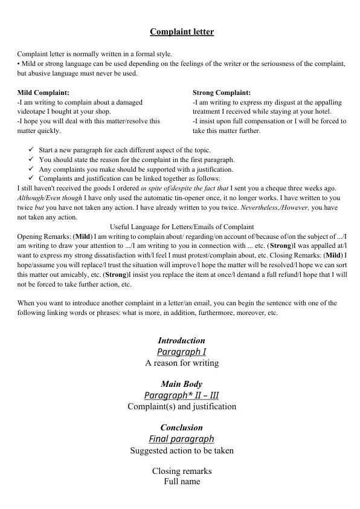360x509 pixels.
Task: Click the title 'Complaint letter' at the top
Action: tap(182, 31)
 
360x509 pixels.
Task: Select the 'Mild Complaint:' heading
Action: tap(43, 92)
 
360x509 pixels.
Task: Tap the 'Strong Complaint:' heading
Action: tap(222, 92)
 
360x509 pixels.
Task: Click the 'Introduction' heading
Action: tap(181, 340)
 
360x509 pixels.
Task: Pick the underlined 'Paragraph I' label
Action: tap(181, 352)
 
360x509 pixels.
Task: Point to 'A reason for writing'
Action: tap(182, 363)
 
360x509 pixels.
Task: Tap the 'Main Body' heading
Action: tap(181, 384)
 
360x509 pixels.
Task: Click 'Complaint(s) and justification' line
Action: tap(182, 407)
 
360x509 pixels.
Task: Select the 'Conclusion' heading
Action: tap(181, 427)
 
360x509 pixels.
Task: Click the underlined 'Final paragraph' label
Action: tap(181, 439)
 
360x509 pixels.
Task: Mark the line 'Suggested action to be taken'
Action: tap(182, 450)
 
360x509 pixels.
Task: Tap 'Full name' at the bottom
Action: tap(182, 482)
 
